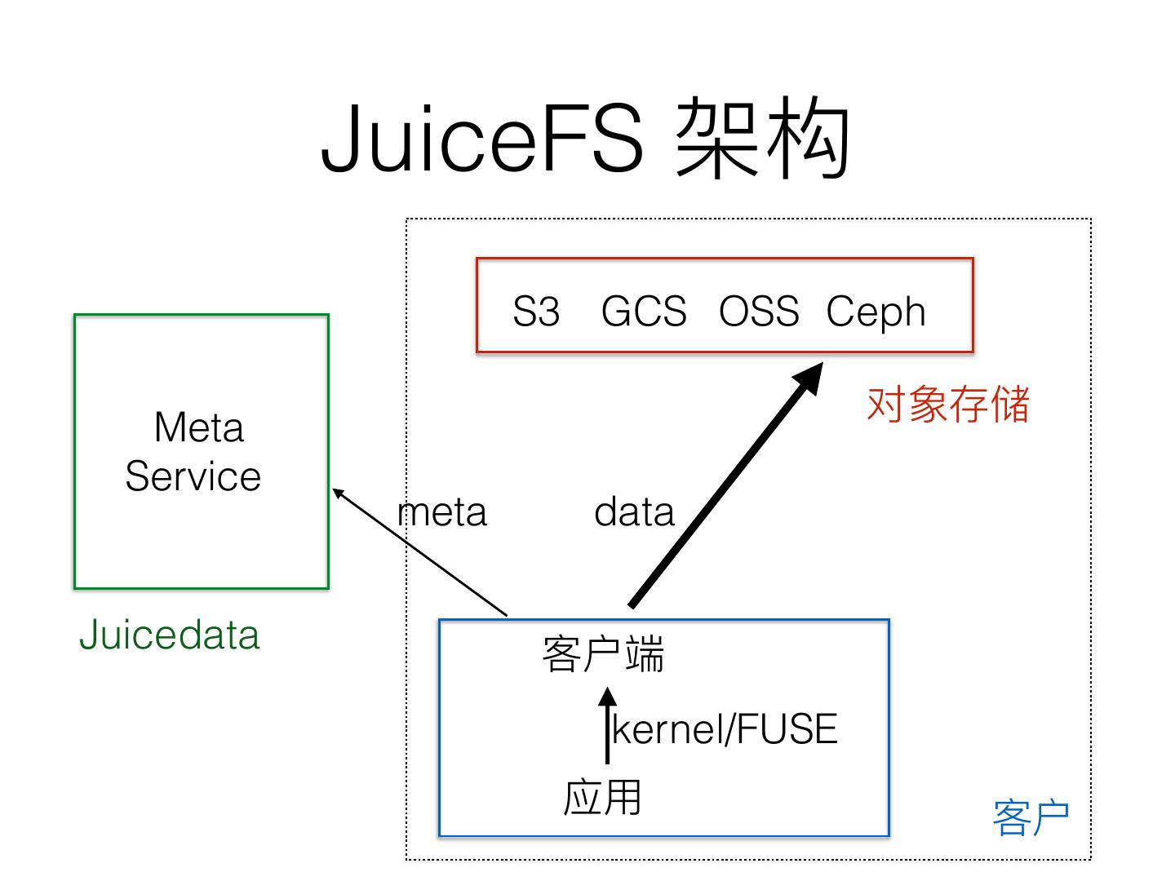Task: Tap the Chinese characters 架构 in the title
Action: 763,139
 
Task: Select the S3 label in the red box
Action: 536,311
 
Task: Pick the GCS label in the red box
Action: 644,311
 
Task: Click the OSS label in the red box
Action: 759,311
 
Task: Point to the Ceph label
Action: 876,312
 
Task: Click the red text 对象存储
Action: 948,405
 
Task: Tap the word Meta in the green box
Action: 199,427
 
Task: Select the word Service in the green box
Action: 193,476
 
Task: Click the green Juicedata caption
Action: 170,635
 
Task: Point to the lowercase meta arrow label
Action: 442,513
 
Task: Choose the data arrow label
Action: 634,513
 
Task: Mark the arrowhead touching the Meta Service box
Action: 339,494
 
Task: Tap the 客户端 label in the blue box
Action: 603,654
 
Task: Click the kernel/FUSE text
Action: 725,729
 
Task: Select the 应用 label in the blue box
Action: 602,798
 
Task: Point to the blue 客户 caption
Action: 1031,818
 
